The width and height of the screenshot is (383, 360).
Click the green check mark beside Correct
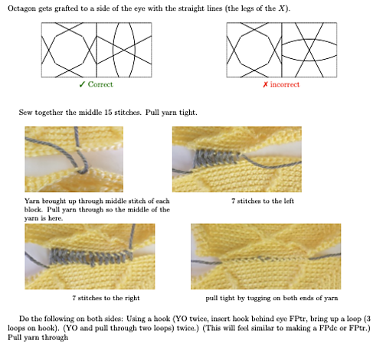(x=82, y=84)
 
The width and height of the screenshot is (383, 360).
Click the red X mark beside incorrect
(x=264, y=84)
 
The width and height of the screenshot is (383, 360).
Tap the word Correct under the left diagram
(x=100, y=84)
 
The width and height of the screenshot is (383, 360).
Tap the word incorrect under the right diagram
(x=284, y=84)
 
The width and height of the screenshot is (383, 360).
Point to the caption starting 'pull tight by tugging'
(x=270, y=296)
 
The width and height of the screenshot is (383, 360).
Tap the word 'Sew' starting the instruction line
(x=25, y=113)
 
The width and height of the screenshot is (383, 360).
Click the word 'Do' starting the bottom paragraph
(x=25, y=319)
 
